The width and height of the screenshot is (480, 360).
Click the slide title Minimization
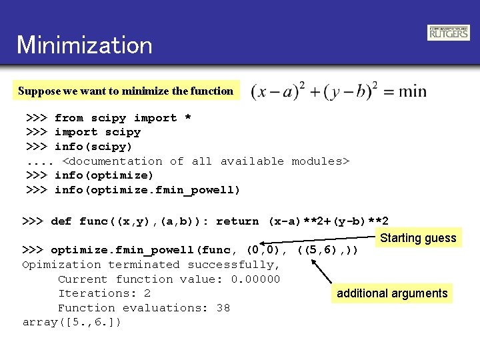[x=85, y=45]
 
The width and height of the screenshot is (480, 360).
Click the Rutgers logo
[x=448, y=33]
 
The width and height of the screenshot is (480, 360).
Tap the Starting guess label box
[x=418, y=238]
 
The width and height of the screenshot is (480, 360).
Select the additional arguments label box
[x=392, y=293]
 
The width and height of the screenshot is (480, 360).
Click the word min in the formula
[x=412, y=91]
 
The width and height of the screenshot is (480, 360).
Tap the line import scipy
[x=97, y=132]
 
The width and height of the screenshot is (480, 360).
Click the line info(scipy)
[x=93, y=147]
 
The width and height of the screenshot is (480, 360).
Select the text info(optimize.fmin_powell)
[x=147, y=190]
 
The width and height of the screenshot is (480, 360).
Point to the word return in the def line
[x=237, y=221]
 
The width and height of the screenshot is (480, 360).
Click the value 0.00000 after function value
[x=255, y=279]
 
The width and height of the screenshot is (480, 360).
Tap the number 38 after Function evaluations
[x=223, y=308]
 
